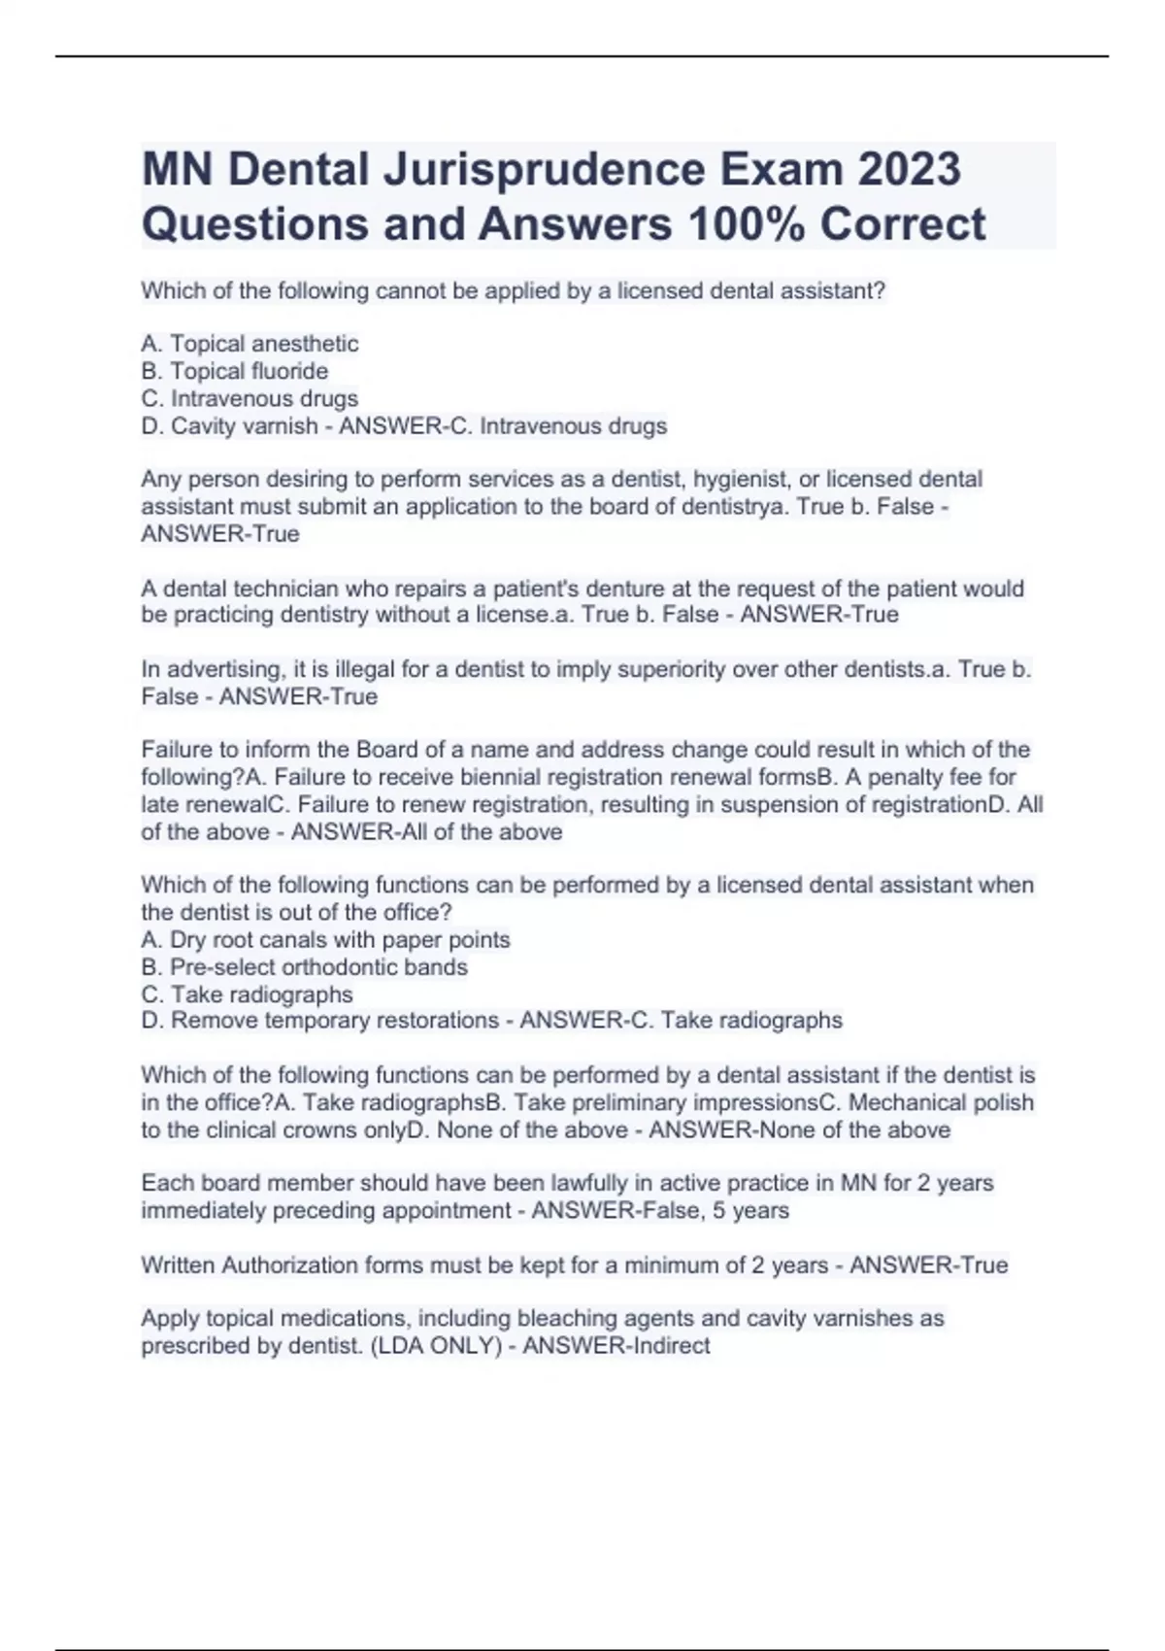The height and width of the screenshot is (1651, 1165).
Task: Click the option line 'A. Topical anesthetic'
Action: [x=250, y=344]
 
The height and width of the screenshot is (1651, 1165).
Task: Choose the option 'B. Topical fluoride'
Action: [x=234, y=371]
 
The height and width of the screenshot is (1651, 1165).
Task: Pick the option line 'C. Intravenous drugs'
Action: [x=250, y=398]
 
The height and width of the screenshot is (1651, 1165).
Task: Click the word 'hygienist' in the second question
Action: [x=739, y=479]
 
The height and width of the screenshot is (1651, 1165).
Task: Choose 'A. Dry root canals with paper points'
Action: [x=325, y=939]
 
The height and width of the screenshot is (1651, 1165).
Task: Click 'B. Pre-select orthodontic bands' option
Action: [x=304, y=966]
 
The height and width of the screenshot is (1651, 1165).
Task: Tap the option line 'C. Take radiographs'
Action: [x=247, y=994]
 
